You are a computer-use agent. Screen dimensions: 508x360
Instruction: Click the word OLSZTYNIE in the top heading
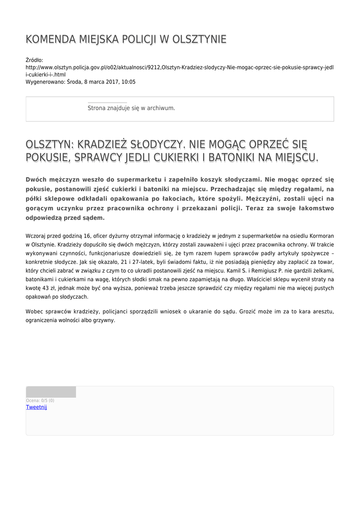199,40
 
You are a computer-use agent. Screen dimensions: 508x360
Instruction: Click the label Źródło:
35,60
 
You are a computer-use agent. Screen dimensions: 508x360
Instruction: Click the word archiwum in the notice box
161,108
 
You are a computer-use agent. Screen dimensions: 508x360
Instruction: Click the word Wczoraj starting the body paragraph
37,236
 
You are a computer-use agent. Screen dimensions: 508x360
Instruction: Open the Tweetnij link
36,407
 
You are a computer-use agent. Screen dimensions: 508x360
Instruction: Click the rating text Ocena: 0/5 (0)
40,400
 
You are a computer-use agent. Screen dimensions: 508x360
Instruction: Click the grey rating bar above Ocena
51,392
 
